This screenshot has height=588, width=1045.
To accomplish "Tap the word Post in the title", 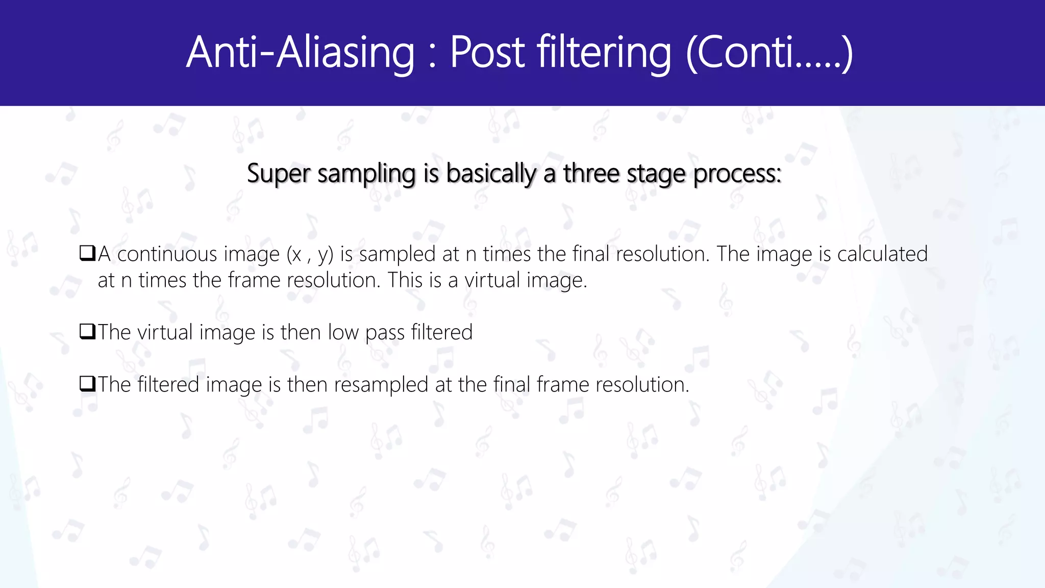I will tap(487, 53).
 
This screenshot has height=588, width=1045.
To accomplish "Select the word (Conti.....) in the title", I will tap(769, 53).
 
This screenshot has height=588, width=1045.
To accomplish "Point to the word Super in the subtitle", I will tap(278, 174).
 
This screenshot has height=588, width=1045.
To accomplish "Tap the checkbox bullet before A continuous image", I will tap(88, 253).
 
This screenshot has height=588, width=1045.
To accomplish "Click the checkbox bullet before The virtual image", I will tap(88, 332).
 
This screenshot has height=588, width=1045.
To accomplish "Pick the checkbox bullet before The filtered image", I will tap(88, 384).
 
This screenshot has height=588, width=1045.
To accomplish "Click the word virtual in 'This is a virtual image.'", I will tap(492, 280).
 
